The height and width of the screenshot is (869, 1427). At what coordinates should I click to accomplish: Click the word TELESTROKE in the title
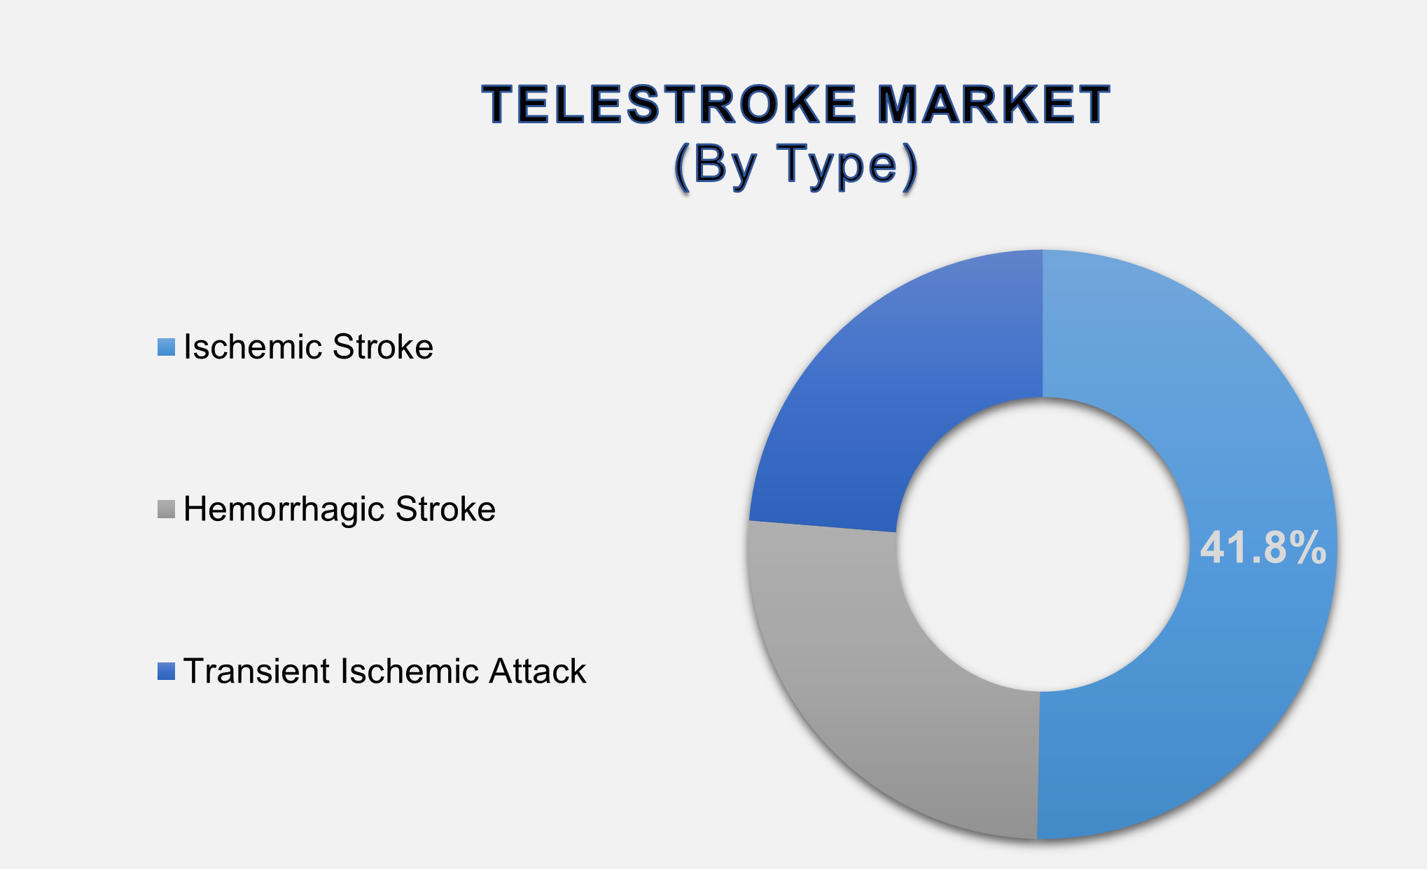[x=669, y=105]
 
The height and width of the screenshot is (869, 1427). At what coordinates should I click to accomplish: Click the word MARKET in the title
[x=994, y=105]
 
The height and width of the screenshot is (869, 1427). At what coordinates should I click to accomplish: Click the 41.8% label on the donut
[x=1262, y=548]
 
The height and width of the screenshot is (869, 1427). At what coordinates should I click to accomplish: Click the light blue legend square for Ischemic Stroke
[x=166, y=347]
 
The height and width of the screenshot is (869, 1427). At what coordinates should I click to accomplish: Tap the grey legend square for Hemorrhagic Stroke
[x=166, y=509]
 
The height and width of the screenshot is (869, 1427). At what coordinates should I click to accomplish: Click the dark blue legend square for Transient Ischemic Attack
[x=166, y=672]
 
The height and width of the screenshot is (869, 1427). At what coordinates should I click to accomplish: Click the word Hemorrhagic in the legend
[x=284, y=509]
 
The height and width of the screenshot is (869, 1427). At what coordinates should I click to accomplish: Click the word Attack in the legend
[x=537, y=672]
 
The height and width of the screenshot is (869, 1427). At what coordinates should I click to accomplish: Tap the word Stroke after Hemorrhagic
[x=445, y=509]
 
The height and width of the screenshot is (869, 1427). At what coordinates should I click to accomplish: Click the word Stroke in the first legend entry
[x=383, y=347]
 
